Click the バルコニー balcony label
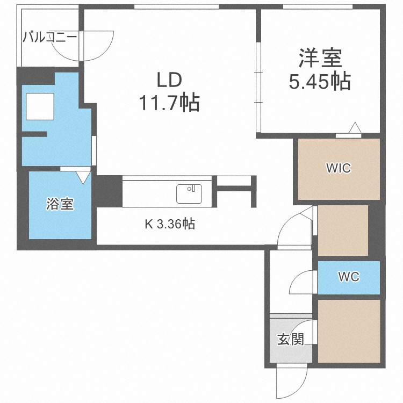[x=49, y=38]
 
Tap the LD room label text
[x=169, y=80]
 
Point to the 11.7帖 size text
[x=169, y=103]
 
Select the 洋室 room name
[x=320, y=58]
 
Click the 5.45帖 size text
[x=320, y=81]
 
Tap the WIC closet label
[x=339, y=168]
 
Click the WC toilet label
[x=349, y=277]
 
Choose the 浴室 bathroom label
[x=60, y=204]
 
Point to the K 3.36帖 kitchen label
[x=170, y=224]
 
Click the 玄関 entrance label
[x=291, y=340]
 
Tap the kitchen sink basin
[x=189, y=194]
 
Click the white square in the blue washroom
[x=40, y=106]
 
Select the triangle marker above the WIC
[x=355, y=128]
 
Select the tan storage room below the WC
[x=349, y=332]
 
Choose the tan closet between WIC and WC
[x=343, y=231]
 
